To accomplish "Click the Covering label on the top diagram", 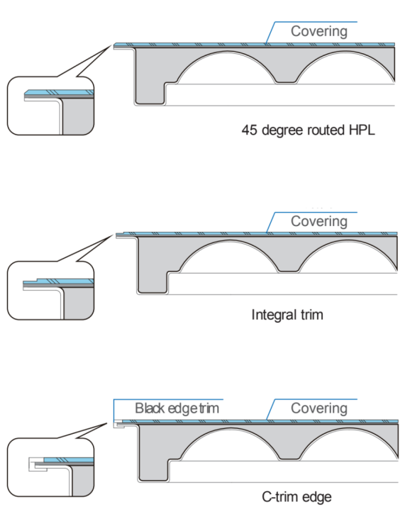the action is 318,31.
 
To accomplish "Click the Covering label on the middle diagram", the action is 318,222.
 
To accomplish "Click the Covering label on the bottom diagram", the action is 318,408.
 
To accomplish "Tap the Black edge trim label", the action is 177,408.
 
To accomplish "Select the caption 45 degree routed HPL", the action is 308,130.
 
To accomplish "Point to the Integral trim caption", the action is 287,315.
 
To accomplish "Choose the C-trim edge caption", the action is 296,497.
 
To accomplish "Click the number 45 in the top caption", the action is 249,130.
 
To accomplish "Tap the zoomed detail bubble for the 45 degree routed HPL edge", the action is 50,106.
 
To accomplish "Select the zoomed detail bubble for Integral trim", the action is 50,291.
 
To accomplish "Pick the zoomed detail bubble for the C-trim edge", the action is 50,467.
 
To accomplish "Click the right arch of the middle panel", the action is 348,242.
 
